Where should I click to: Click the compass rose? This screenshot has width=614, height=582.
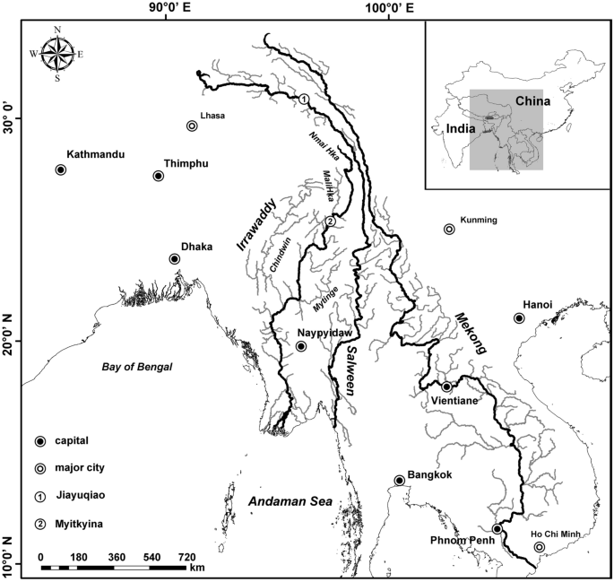(57, 54)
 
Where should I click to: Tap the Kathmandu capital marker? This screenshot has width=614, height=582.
(61, 169)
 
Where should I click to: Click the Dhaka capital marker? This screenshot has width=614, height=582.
(175, 259)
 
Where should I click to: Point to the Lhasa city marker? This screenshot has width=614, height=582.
(192, 126)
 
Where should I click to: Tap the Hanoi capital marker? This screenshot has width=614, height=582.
(519, 318)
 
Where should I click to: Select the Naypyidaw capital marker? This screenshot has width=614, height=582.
(301, 346)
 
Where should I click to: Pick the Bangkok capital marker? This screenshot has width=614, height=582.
(399, 481)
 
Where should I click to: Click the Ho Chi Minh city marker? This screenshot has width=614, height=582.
(539, 547)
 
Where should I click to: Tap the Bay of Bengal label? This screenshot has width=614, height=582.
(136, 366)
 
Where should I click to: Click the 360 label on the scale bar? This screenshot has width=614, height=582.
(117, 557)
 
